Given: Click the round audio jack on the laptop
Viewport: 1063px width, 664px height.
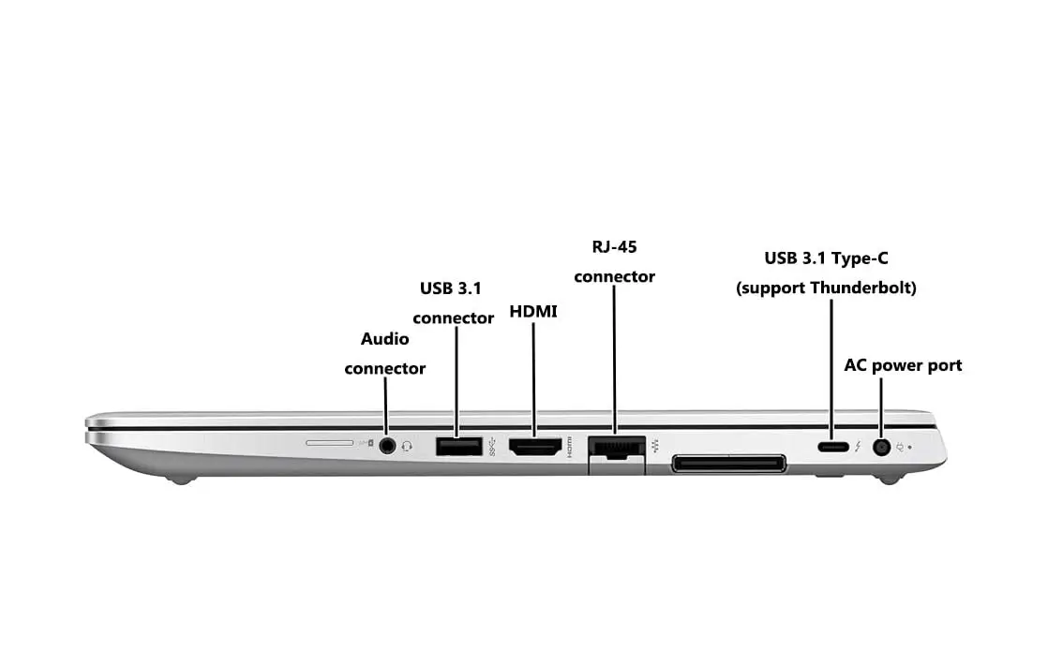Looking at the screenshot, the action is pos(387,446).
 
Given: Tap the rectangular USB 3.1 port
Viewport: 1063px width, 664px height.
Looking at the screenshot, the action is pos(459,447).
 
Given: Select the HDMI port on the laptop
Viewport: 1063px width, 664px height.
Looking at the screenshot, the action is pos(535,447).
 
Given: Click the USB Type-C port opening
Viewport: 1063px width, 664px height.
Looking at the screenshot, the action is pos(833,447).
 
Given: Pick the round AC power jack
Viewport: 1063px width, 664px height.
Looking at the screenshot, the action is pos(881,447).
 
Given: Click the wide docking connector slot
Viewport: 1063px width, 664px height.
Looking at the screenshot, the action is pos(729,465).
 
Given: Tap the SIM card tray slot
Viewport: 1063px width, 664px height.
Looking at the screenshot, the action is pos(330,443).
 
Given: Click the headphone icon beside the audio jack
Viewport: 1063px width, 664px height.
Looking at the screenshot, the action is pos(407,446).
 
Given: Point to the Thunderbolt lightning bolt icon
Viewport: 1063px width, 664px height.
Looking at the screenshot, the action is pos(859,447).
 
